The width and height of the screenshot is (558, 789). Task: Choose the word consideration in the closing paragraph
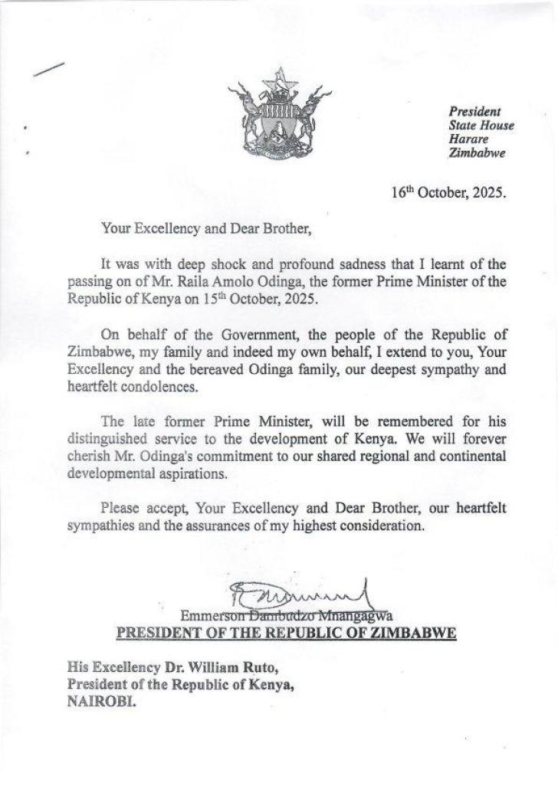375,526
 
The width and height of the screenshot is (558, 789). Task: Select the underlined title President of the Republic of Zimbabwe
286,633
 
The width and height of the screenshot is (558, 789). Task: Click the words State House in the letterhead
481,125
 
